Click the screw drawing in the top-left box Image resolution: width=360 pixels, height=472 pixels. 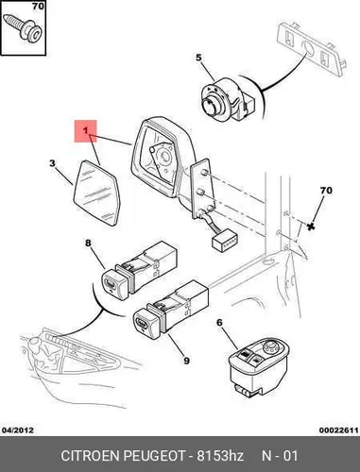point(23,27)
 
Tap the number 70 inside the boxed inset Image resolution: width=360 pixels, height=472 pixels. point(38,6)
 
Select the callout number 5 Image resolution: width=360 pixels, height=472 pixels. point(198,58)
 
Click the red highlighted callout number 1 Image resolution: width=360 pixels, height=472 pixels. point(85,130)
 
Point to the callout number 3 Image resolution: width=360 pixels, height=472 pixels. point(52,163)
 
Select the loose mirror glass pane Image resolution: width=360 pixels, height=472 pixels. point(96,193)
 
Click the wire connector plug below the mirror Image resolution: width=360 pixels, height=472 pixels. point(225,241)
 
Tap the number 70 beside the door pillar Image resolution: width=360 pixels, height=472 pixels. point(326,191)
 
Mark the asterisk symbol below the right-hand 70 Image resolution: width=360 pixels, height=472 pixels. point(311,226)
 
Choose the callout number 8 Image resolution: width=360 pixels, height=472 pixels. point(88,243)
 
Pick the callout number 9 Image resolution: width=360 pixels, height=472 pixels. point(186,361)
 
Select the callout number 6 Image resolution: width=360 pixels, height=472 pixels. point(219,323)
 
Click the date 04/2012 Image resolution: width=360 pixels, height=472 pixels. point(18,430)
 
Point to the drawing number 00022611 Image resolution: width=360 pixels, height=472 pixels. point(339,430)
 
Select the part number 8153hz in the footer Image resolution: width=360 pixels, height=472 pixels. point(220,455)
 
